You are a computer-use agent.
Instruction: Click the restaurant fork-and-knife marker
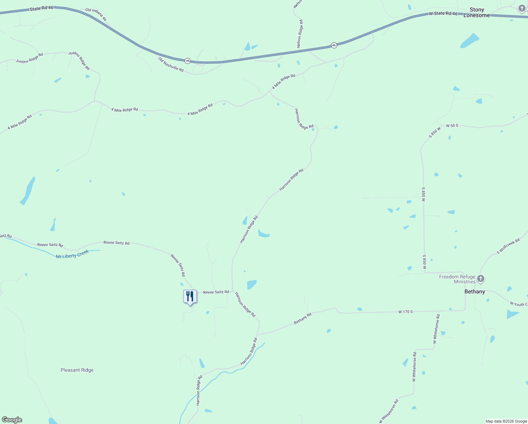(x=190, y=296)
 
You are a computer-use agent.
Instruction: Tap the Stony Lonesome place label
(x=476, y=12)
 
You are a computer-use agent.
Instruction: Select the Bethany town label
(x=474, y=291)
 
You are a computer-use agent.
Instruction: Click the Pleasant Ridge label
(x=77, y=370)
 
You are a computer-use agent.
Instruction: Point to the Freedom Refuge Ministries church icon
(x=480, y=279)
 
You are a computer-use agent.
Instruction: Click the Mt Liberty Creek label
(x=72, y=254)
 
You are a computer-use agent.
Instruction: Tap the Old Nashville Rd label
(x=171, y=64)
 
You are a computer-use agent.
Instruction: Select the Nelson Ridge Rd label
(x=300, y=34)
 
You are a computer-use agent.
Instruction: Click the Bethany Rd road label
(x=303, y=318)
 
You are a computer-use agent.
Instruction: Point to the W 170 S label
(x=406, y=312)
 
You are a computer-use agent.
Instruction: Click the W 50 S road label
(x=452, y=125)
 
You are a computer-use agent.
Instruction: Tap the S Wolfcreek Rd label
(x=508, y=246)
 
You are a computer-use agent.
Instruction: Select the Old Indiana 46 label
(x=96, y=15)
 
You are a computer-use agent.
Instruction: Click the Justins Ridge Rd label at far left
(x=29, y=58)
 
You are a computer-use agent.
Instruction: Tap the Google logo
(x=12, y=420)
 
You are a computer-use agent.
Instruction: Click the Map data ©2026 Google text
(x=506, y=421)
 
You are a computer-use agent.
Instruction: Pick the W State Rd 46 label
(x=443, y=13)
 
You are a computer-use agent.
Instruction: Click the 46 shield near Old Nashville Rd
(x=188, y=61)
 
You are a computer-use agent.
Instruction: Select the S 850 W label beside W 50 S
(x=435, y=132)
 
